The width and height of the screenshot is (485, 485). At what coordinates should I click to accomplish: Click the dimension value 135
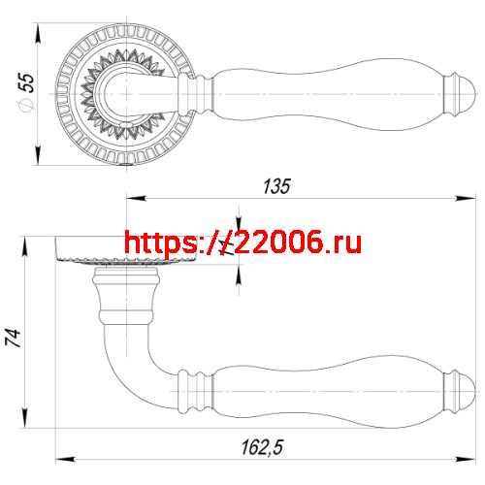pos(276,187)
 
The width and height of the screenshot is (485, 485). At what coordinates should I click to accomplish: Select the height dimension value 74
pos(13,337)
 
